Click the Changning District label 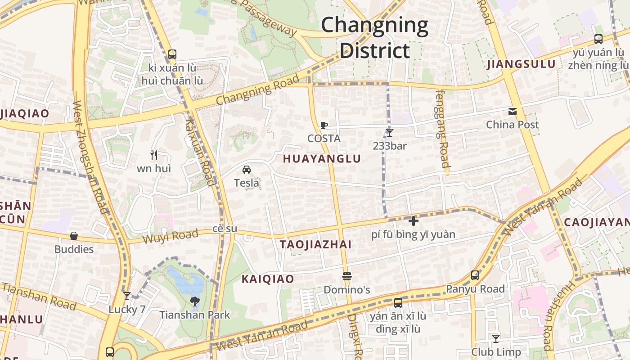coord(374,38)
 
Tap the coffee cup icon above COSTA coord(324,125)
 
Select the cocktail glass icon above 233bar coord(389,132)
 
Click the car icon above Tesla coord(247,170)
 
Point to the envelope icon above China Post coord(512,111)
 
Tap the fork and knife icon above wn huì coord(154,155)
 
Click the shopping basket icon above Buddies coord(74,236)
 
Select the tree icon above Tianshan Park coord(194,301)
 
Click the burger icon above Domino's coord(346,276)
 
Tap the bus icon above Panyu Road coord(475,275)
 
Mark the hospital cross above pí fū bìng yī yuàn coord(413,221)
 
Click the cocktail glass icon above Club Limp coord(495,338)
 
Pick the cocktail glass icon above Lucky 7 coord(127,296)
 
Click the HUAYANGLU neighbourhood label coord(322,159)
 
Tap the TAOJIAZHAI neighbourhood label coord(315,245)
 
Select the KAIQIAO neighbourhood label coord(268,279)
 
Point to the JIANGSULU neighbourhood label coord(521,64)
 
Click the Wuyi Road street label coord(170,236)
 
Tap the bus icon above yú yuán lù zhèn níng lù coord(598,39)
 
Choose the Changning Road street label coord(257,90)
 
